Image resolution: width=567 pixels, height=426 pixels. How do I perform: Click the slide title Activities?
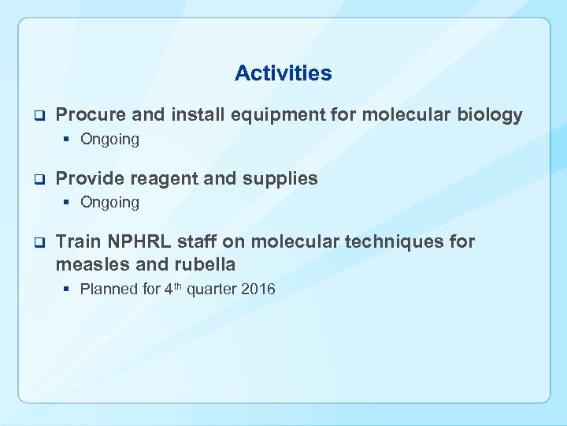[x=283, y=73]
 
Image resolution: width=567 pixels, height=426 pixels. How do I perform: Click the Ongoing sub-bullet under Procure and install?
[x=109, y=140]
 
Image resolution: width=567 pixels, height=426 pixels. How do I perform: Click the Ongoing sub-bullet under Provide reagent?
[x=109, y=203]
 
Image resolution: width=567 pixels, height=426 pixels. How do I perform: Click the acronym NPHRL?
[x=132, y=241]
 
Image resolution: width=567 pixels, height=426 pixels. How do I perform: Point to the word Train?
[x=78, y=241]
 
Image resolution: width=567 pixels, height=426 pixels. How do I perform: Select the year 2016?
[x=258, y=289]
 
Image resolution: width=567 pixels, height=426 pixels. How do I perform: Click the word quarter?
[x=211, y=289]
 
